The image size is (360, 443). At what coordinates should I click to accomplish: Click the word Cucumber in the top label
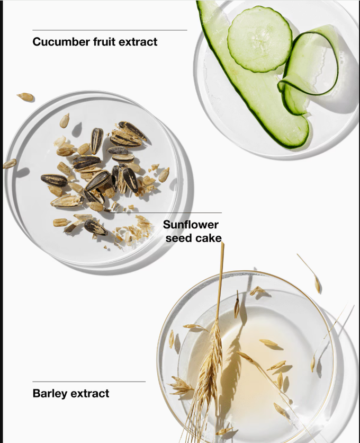[61, 42]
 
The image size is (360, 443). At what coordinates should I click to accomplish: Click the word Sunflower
[191, 225]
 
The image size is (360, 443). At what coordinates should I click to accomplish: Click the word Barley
[50, 394]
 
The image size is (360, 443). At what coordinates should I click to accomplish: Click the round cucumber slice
[260, 40]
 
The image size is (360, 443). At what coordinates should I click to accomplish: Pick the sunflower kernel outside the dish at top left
[25, 96]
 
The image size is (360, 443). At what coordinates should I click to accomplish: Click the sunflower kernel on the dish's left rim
[10, 164]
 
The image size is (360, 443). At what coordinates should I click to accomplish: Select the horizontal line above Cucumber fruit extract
[110, 30]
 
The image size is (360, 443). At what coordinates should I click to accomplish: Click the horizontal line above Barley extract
[89, 382]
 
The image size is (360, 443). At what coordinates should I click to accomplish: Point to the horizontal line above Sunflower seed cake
[165, 212]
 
